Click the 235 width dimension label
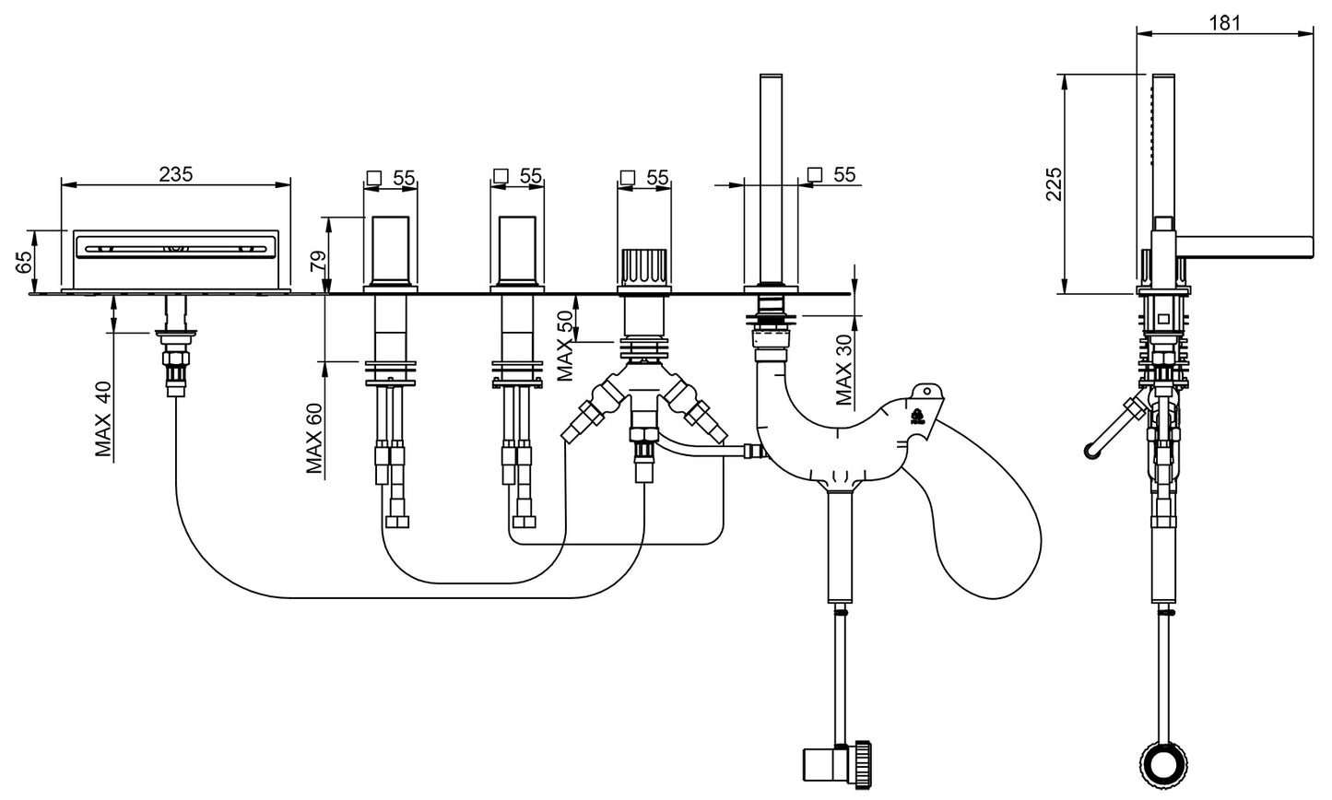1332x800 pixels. [175, 173]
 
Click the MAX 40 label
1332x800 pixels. [103, 419]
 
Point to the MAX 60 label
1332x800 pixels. [315, 439]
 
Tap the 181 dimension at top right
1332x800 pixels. [1222, 25]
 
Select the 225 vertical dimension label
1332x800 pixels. [1055, 184]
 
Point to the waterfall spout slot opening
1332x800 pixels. [176, 246]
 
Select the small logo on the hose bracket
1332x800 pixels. [918, 413]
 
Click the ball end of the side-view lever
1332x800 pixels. [1092, 450]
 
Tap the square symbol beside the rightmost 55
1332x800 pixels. [813, 174]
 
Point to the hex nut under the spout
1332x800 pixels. [176, 356]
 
